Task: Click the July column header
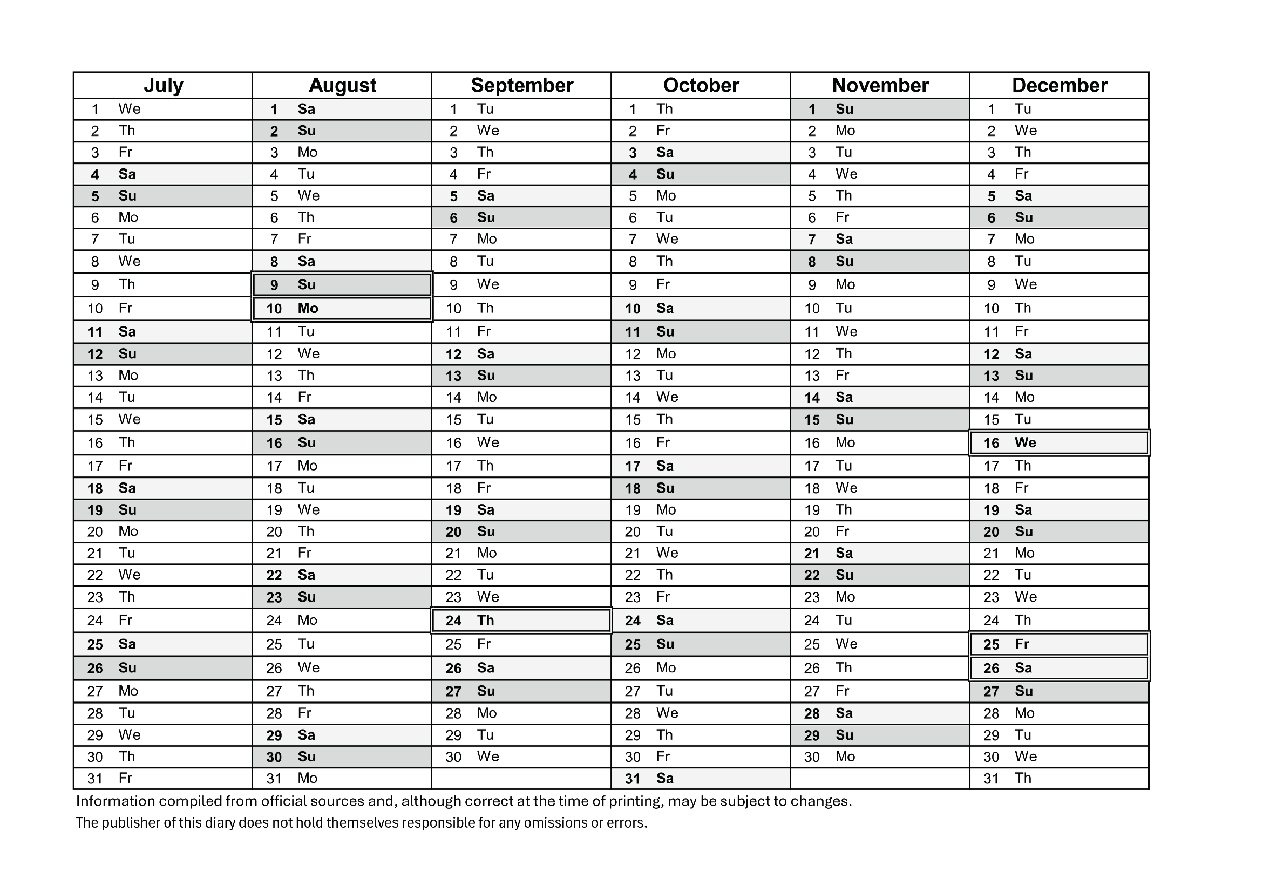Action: [163, 85]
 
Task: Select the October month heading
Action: [701, 85]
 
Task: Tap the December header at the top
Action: [1059, 85]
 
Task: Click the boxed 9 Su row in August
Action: [342, 285]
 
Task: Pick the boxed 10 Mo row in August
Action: [342, 309]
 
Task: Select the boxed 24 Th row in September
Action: [521, 621]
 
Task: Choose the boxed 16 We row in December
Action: [1059, 443]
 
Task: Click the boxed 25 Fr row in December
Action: [1059, 644]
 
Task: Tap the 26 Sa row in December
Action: [1059, 668]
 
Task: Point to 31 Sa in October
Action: [701, 779]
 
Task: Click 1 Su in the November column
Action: [880, 110]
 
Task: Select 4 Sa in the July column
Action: [163, 174]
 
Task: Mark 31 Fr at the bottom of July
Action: [163, 779]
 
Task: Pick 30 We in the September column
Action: [521, 757]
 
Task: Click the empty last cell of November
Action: [880, 779]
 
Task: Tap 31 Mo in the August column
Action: [342, 779]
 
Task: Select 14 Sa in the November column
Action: [880, 398]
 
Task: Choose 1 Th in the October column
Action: [701, 110]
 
